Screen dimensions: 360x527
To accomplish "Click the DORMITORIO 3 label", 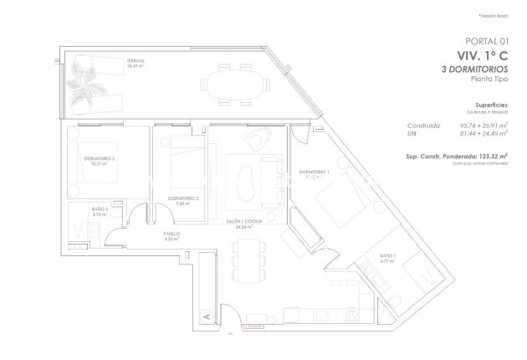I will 100,159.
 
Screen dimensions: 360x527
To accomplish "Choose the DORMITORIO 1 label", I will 315,173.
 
